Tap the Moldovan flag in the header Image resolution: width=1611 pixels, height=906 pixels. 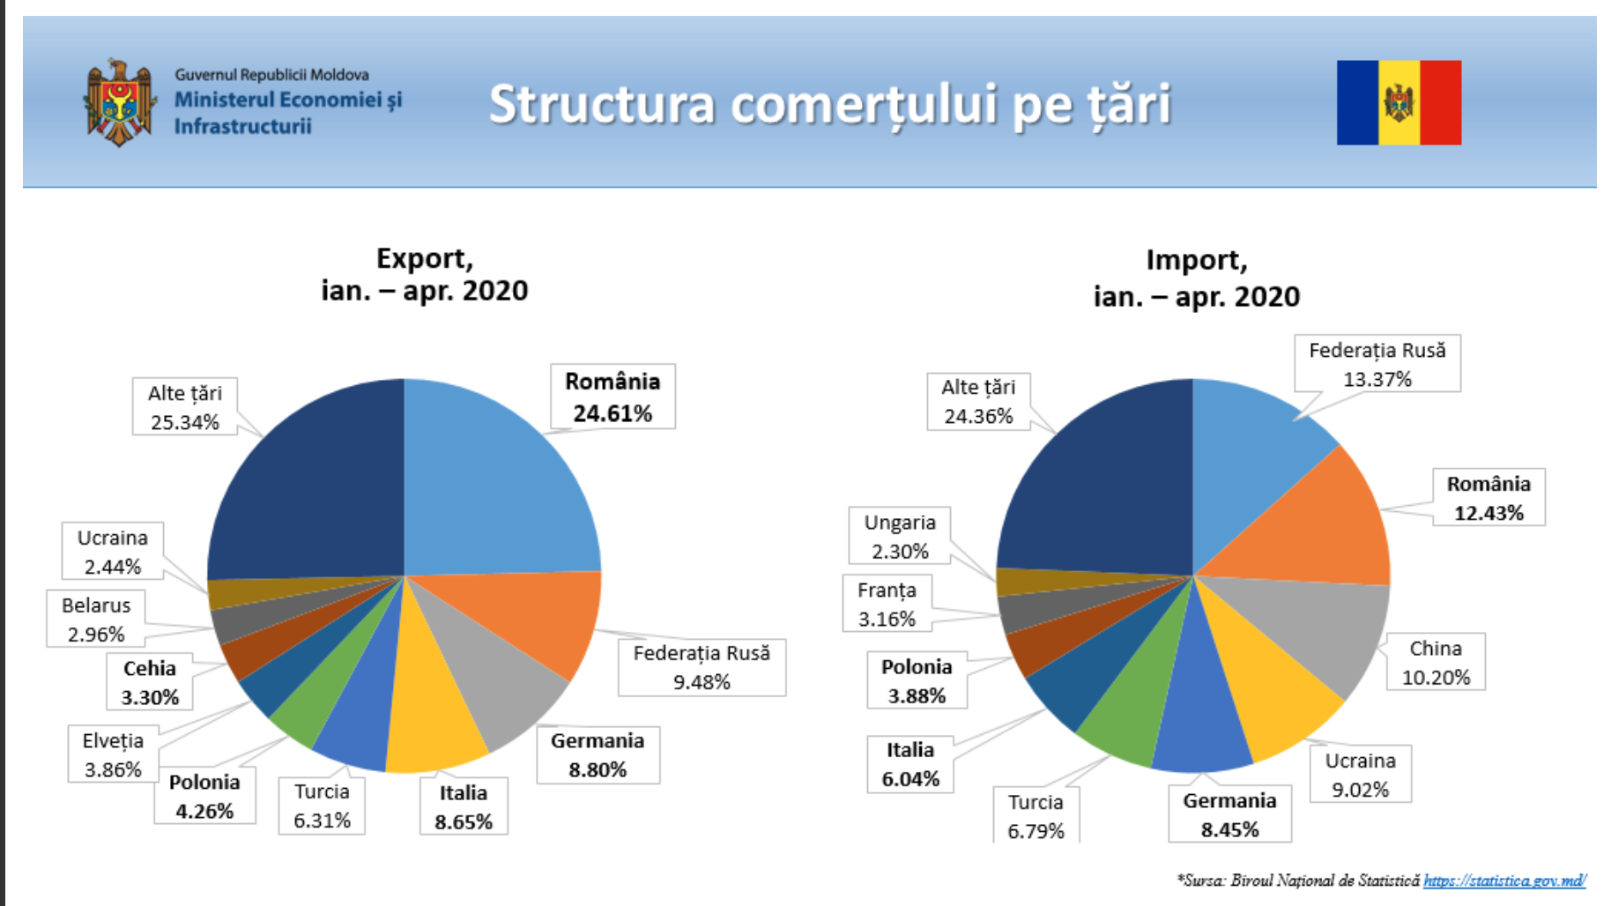[1399, 102]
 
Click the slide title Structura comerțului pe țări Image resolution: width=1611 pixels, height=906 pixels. [830, 105]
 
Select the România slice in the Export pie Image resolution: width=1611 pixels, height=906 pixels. [494, 485]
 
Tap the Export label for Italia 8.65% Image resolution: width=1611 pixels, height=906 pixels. [464, 807]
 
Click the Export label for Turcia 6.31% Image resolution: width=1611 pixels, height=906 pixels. [322, 806]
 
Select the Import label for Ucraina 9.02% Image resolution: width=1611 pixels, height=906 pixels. [1360, 775]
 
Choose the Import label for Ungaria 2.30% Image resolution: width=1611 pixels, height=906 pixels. [900, 536]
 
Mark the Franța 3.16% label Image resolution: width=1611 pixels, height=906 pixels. [887, 604]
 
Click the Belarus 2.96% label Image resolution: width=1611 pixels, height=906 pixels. [96, 619]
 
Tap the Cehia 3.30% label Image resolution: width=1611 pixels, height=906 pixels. [150, 682]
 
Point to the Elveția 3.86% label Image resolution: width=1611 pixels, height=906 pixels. [113, 754]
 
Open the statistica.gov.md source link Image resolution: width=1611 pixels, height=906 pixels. [1505, 880]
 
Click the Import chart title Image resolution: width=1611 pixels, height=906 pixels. [1197, 278]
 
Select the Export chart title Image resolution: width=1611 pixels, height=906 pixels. [425, 274]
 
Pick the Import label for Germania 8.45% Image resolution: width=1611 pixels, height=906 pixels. [1229, 814]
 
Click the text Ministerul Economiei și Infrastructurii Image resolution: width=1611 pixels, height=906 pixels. [287, 112]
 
